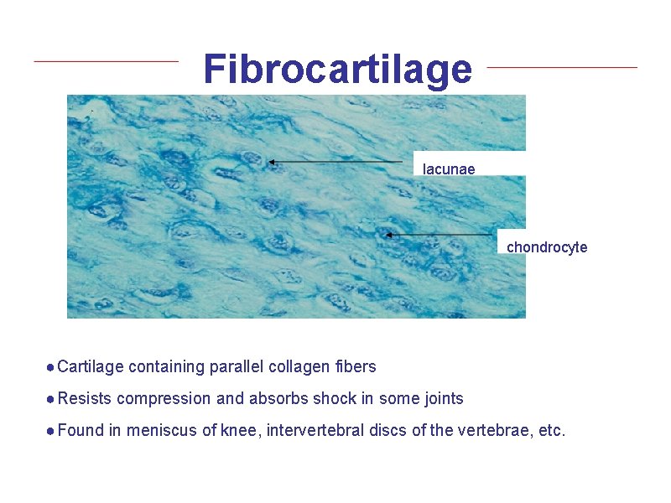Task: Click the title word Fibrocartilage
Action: tap(337, 70)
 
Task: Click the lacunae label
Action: tap(449, 169)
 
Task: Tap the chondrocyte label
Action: tap(547, 247)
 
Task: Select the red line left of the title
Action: tap(106, 61)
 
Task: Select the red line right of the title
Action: tap(562, 67)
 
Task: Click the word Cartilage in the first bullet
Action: tap(91, 366)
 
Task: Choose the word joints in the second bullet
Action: tap(441, 398)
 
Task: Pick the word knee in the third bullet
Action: tap(237, 431)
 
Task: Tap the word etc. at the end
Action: tap(551, 431)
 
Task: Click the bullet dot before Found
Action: tap(51, 431)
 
